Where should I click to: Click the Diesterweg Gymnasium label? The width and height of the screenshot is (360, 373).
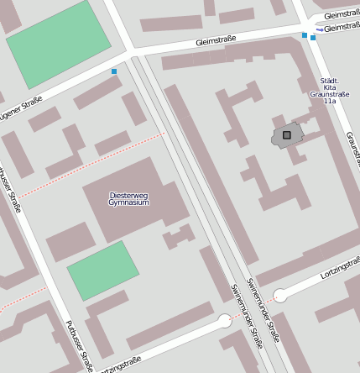coord(129,199)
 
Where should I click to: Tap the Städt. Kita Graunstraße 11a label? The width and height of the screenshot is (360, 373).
coord(329,88)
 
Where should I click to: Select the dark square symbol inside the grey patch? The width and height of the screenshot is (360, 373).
coord(287,134)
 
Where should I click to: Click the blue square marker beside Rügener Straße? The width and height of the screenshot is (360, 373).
coord(114,71)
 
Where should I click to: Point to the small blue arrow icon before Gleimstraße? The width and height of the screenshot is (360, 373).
coord(320,29)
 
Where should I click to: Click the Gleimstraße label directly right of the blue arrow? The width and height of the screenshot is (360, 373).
coord(342,27)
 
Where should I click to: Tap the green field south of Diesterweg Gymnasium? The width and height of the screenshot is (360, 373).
coord(102,270)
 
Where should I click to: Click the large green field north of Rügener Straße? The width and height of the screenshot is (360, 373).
coord(58,43)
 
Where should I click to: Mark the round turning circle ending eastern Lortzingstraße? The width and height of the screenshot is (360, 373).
coord(280,295)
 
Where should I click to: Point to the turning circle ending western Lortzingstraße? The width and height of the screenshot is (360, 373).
coord(225,320)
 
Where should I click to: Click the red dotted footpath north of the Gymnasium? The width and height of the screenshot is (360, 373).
coord(92,164)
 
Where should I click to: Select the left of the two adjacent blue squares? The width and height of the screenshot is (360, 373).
coord(305,35)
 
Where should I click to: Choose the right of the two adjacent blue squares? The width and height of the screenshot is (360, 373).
coord(313,38)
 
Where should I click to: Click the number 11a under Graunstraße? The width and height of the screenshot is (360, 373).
coord(329,102)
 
